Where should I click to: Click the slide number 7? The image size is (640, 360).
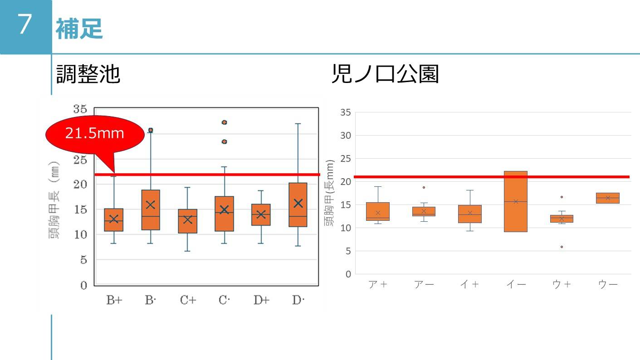pyautogui.click(x=25, y=25)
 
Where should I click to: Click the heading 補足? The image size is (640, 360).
pyautogui.click(x=79, y=29)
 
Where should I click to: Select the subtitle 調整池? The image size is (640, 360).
pyautogui.click(x=88, y=73)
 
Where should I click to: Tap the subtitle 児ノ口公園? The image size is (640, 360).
pyautogui.click(x=385, y=73)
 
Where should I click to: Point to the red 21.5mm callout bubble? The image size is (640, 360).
pyautogui.click(x=94, y=134)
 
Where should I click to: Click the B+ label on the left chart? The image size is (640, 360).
pyautogui.click(x=114, y=300)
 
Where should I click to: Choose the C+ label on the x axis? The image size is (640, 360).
pyautogui.click(x=187, y=300)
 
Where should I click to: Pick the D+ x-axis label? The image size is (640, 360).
pyautogui.click(x=261, y=300)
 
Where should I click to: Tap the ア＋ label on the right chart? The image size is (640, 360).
pyautogui.click(x=377, y=285)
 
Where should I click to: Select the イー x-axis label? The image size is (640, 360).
pyautogui.click(x=516, y=285)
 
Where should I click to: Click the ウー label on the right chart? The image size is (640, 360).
pyautogui.click(x=608, y=285)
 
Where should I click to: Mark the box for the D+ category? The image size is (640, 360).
pyautogui.click(x=261, y=214)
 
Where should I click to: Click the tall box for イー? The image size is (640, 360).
pyautogui.click(x=516, y=201)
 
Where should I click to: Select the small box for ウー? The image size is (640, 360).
pyautogui.click(x=608, y=198)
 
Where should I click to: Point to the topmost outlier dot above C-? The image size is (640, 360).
pyautogui.click(x=224, y=122)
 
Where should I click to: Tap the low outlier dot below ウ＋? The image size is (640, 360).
pyautogui.click(x=562, y=247)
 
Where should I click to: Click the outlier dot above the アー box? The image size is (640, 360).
pyautogui.click(x=424, y=187)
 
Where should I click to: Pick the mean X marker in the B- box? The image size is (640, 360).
pyautogui.click(x=151, y=204)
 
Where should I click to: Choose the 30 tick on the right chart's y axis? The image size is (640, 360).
pyautogui.click(x=345, y=136)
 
